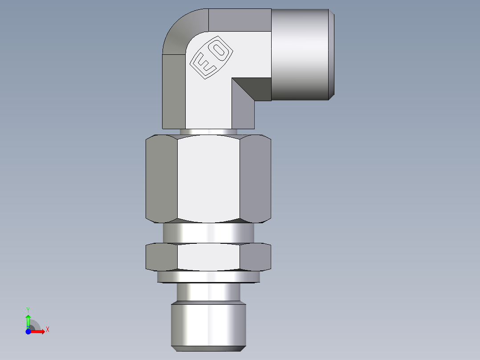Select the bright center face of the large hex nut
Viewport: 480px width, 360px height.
[x=208, y=178]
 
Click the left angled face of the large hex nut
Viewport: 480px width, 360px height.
[x=161, y=178]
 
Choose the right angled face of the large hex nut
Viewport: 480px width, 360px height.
[x=255, y=178]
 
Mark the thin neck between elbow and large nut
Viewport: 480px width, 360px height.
[x=208, y=132]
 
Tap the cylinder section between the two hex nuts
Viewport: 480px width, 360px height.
[x=208, y=233]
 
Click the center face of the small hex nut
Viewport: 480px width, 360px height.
[x=208, y=258]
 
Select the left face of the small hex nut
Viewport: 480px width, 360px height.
[x=161, y=258]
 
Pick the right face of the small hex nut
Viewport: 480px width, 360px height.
[x=255, y=258]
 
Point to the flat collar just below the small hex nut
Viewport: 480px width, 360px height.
[x=208, y=277]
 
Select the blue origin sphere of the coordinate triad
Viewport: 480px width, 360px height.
[x=28, y=331]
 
